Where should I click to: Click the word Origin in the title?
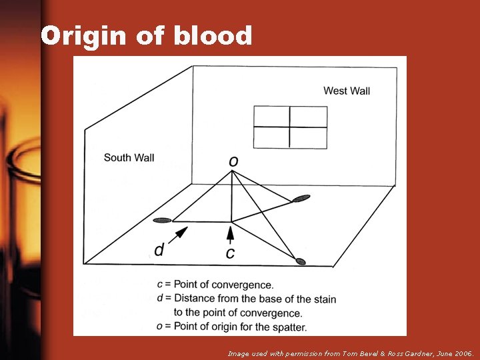tap(83, 36)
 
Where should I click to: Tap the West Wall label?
tap(347, 91)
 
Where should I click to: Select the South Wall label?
tap(129, 158)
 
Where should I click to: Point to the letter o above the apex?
tap(233, 161)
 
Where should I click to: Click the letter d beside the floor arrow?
tap(159, 250)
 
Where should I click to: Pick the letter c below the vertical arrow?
tap(230, 253)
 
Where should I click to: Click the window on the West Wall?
tap(290, 127)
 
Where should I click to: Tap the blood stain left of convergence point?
tap(162, 220)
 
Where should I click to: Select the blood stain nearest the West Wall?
tap(301, 198)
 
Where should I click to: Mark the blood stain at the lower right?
tap(301, 261)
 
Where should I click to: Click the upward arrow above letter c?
tap(231, 234)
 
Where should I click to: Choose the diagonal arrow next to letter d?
tap(180, 233)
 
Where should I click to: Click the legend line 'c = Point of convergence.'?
tap(215, 285)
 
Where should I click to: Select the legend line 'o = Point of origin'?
tap(231, 327)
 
